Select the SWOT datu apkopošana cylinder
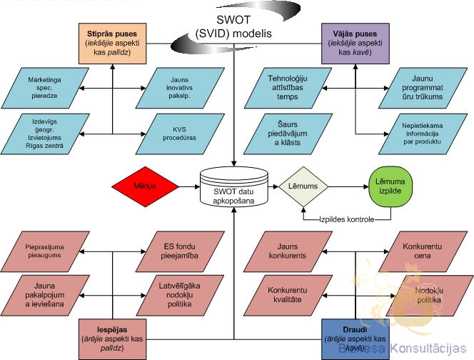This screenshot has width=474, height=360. click(x=234, y=187)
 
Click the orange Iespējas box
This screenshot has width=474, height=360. click(x=112, y=334)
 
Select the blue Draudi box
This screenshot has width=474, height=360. click(x=353, y=334)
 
